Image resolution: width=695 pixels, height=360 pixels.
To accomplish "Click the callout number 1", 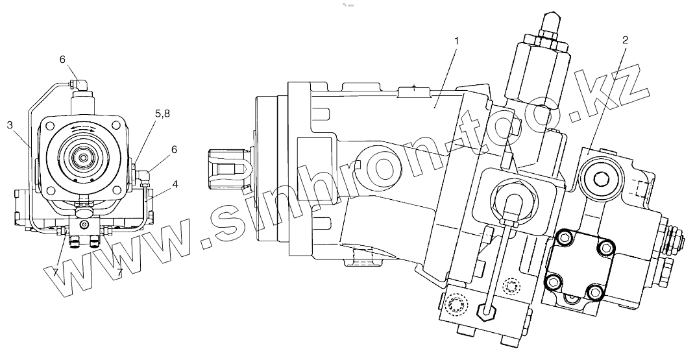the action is pos(457,41).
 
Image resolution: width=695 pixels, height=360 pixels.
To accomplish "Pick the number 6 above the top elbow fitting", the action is pos(63,60).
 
